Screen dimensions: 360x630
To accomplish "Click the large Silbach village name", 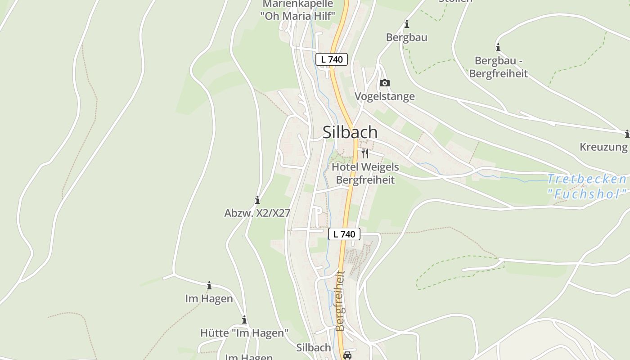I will (x=350, y=132).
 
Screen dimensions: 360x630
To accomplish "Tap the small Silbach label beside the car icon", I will (x=314, y=348).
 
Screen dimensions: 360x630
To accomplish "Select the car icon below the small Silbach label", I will (x=347, y=355).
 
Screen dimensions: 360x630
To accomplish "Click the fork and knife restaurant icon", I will (x=365, y=153).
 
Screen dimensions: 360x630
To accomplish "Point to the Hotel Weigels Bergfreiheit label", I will (x=365, y=173).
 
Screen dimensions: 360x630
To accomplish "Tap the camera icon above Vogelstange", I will (x=385, y=83).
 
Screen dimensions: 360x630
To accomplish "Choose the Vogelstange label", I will (x=385, y=96).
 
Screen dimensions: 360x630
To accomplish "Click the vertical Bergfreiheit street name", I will (x=340, y=301).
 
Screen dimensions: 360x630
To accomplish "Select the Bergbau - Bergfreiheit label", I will (x=499, y=67).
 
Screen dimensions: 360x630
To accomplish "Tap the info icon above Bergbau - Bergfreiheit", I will (x=498, y=47).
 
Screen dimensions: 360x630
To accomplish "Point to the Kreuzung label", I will (x=603, y=147).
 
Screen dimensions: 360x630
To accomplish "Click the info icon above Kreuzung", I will (x=627, y=134).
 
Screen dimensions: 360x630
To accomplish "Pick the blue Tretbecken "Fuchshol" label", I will (x=587, y=186).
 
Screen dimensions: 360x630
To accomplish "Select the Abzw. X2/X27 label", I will (x=257, y=213).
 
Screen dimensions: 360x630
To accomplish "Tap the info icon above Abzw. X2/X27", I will (x=257, y=200).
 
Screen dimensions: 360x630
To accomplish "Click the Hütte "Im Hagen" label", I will (x=244, y=333).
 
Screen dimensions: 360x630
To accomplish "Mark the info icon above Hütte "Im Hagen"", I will (x=244, y=320).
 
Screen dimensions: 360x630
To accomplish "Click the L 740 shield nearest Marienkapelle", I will (x=332, y=59).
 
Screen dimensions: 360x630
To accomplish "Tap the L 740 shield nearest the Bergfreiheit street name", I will (x=344, y=234).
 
